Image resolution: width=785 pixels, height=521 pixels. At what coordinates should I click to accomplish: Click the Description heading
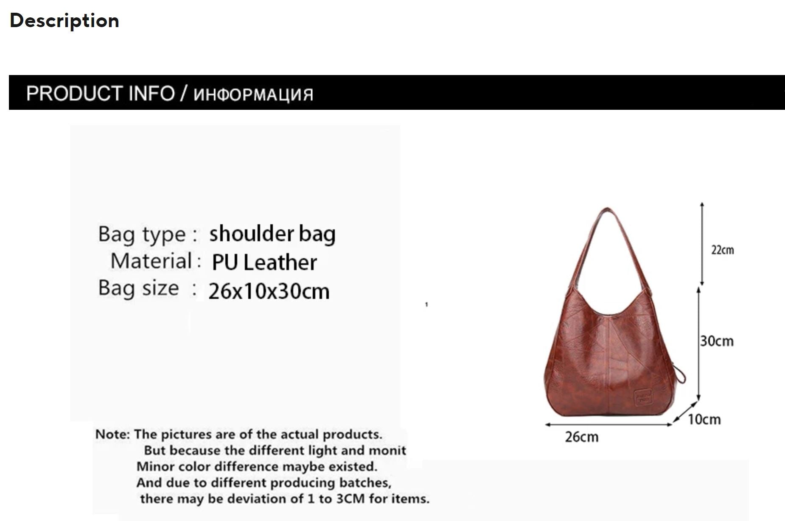tap(64, 21)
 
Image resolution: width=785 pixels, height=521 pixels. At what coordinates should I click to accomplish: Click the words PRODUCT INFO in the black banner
tap(101, 93)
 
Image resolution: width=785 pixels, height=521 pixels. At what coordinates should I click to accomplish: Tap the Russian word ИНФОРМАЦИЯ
tap(253, 95)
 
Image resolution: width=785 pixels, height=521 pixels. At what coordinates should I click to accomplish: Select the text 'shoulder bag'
tap(272, 234)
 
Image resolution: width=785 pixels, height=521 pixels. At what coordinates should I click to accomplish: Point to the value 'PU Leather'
tap(264, 262)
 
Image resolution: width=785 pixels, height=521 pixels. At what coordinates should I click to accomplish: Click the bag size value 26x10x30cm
tap(269, 291)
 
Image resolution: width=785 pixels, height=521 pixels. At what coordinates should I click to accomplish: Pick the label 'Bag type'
tap(142, 234)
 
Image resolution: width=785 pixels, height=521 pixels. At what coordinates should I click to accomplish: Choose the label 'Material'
tap(151, 261)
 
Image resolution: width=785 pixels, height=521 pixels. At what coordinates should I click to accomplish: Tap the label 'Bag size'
tap(138, 288)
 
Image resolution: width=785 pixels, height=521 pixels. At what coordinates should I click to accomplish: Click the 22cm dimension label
tap(722, 250)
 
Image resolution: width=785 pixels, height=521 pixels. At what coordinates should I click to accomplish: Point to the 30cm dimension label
tap(717, 341)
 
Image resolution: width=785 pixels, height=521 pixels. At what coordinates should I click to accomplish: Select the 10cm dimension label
tap(704, 420)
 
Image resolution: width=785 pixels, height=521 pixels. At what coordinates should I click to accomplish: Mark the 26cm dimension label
tap(581, 437)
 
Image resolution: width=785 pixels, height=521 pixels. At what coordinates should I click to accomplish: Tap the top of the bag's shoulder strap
tap(607, 209)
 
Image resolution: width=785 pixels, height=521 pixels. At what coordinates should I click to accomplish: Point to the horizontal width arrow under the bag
tap(608, 424)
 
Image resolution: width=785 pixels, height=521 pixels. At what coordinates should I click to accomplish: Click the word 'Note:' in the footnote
tap(112, 435)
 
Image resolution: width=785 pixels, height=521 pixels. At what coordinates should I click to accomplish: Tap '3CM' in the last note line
tap(350, 499)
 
